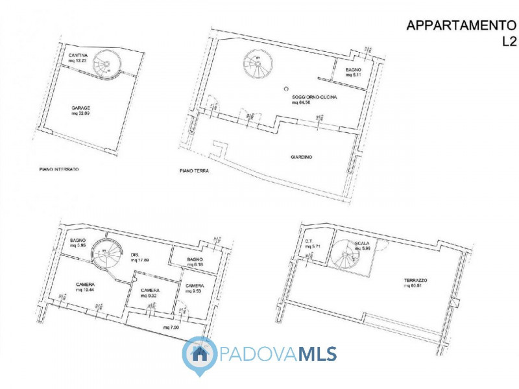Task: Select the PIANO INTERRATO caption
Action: (59, 169)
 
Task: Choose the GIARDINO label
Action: (302, 156)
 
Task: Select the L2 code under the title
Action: (509, 41)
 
